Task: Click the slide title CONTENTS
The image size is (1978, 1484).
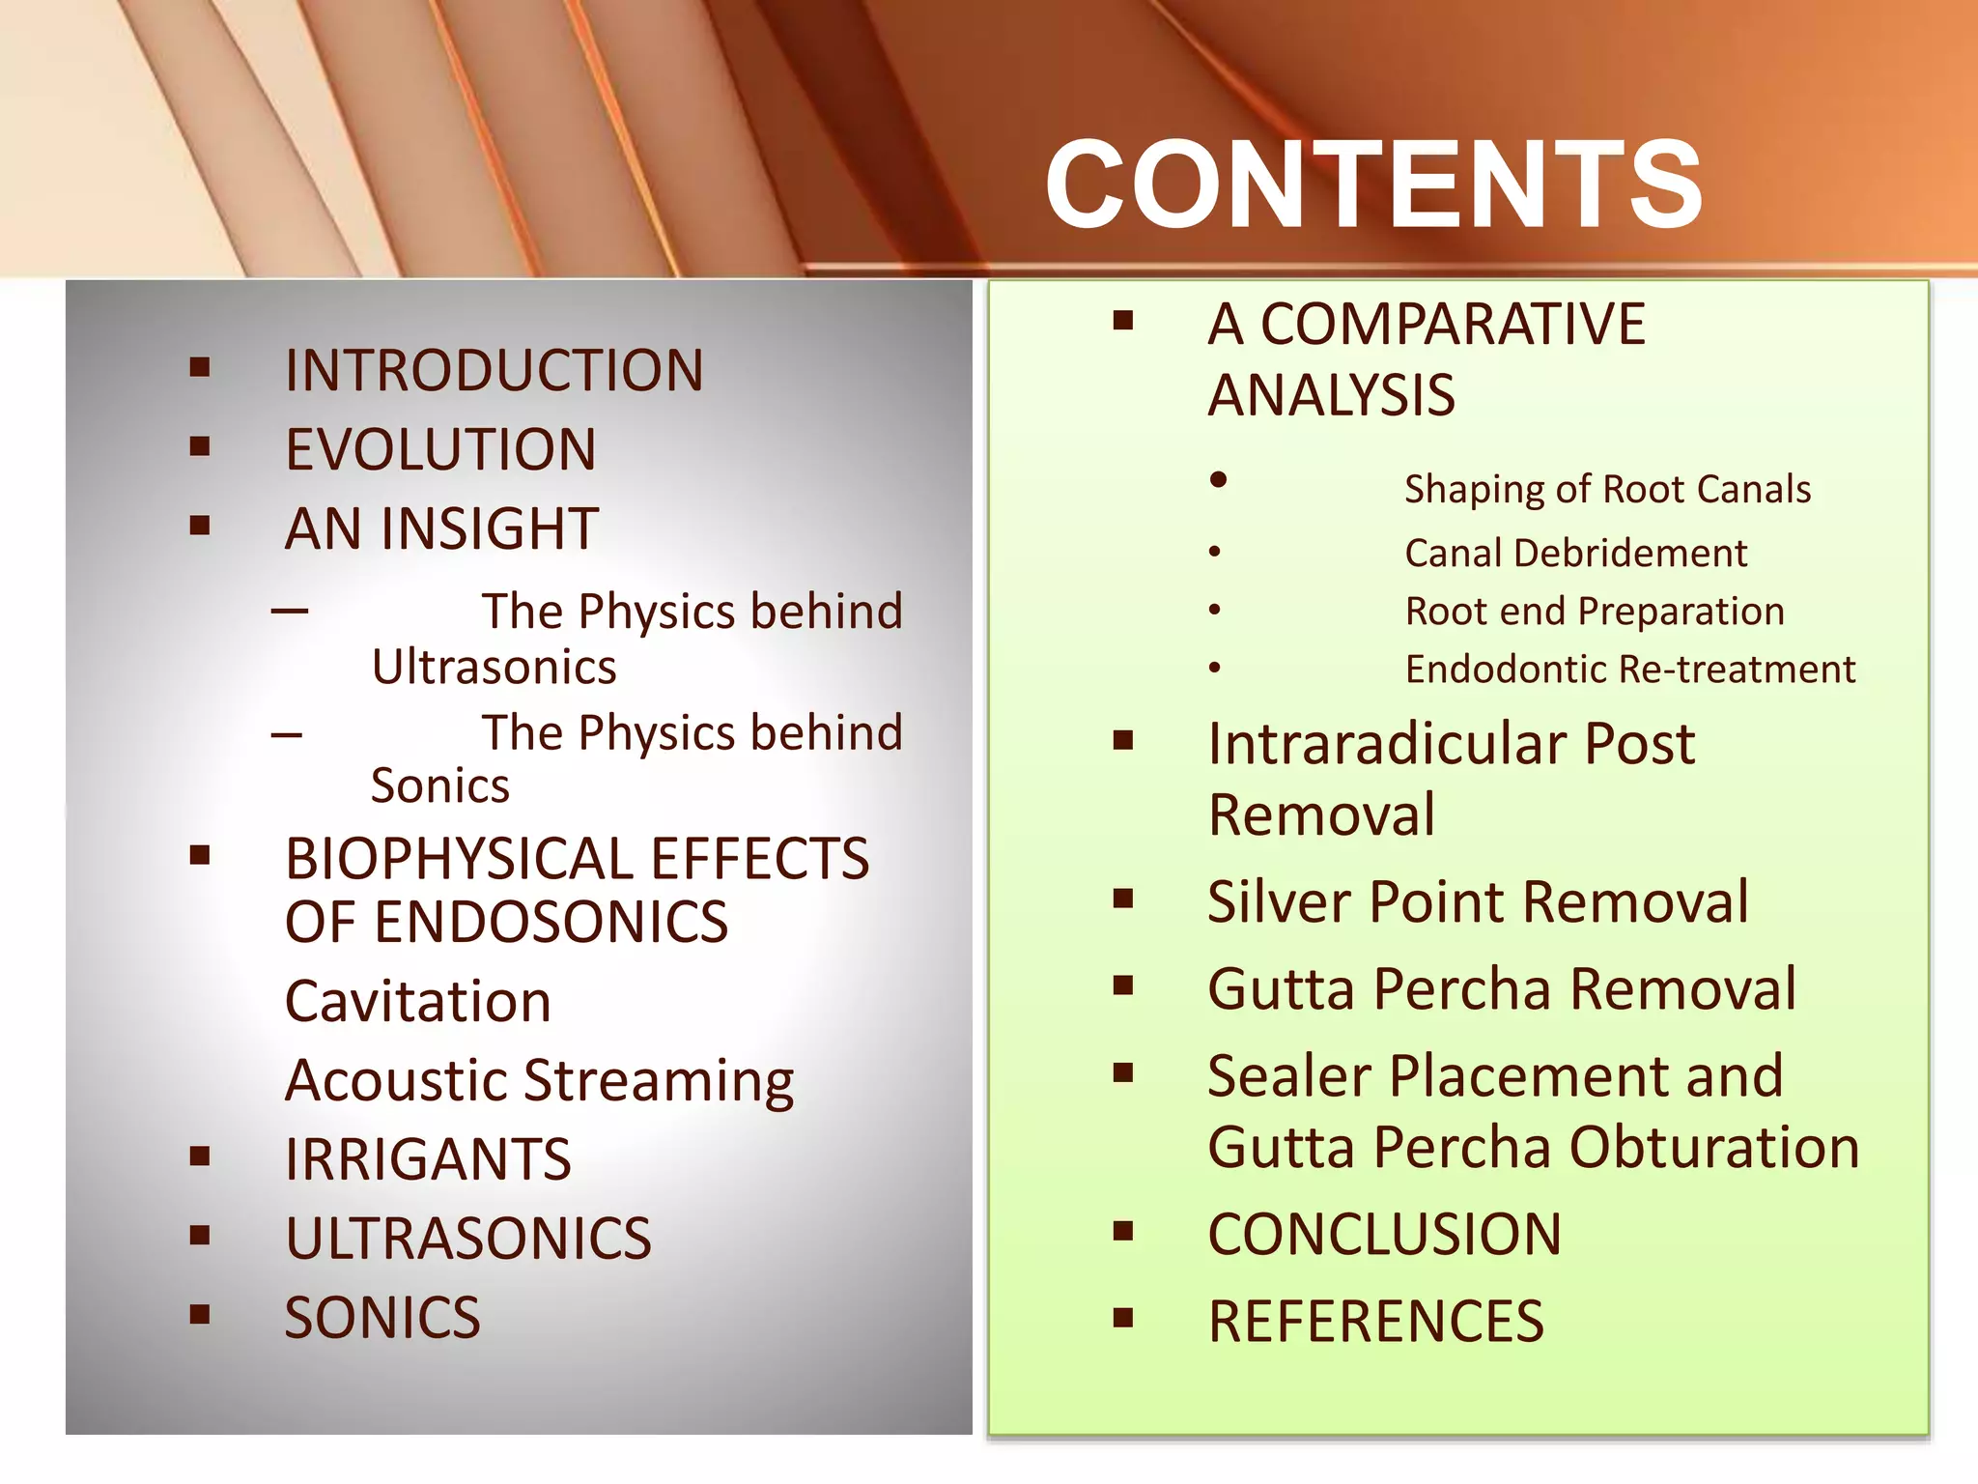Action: click(x=1373, y=184)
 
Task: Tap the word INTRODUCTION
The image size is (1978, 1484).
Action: click(x=494, y=370)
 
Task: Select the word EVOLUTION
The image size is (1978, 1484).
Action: click(x=440, y=449)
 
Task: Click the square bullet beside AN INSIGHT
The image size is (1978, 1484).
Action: click(x=200, y=526)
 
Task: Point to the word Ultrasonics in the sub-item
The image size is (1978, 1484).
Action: click(x=494, y=668)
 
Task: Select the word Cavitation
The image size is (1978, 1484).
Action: click(x=418, y=1001)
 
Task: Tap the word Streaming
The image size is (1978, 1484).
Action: click(x=659, y=1081)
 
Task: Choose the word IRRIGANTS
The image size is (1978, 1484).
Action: click(x=428, y=1159)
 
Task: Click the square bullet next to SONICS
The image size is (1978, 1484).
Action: click(x=200, y=1314)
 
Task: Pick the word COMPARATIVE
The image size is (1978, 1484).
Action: click(x=1453, y=324)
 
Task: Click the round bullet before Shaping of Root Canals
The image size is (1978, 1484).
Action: click(x=1219, y=479)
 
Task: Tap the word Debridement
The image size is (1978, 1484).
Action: click(x=1630, y=554)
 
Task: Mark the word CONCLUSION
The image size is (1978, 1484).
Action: click(x=1384, y=1235)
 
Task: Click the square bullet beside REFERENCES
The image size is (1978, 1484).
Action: click(x=1122, y=1318)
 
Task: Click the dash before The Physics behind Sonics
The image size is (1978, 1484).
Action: click(x=287, y=735)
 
